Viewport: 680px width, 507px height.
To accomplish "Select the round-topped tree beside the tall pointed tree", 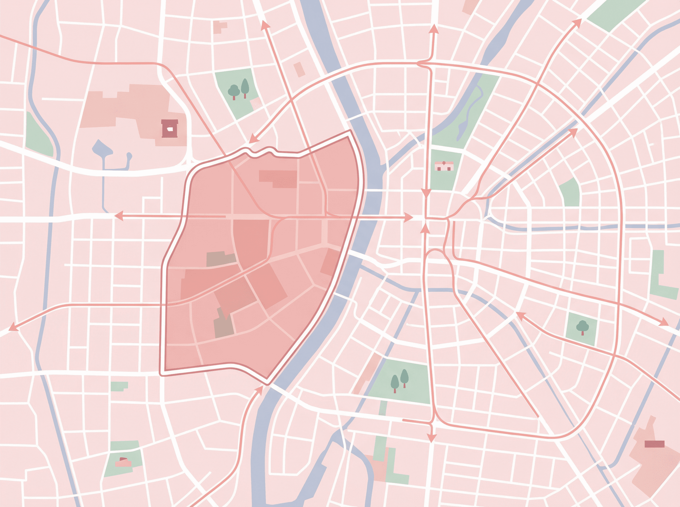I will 234,91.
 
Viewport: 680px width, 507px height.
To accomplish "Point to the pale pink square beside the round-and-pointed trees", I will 256,104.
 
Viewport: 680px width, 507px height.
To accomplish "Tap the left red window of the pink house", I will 439,169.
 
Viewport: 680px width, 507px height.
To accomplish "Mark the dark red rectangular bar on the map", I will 654,444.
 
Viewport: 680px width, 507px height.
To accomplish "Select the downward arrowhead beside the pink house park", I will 426,193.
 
